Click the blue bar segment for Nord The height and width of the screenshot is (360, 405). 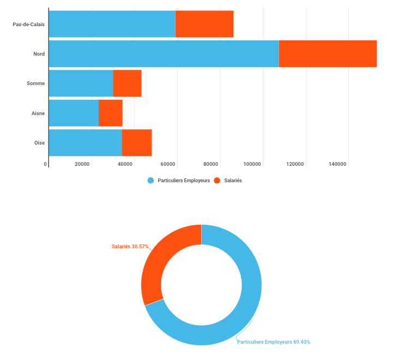point(164,53)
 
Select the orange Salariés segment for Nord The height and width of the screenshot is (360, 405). point(328,53)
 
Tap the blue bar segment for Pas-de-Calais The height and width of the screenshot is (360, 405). point(112,24)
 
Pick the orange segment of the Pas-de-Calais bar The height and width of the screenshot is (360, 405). point(204,24)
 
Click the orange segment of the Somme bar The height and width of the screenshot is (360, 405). point(128,83)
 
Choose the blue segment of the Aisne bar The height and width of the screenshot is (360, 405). point(74,113)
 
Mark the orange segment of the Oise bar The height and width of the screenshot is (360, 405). point(137,143)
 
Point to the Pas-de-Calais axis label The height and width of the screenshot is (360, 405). point(29,24)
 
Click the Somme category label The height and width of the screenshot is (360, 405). point(35,83)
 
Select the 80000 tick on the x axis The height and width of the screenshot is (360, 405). point(210,164)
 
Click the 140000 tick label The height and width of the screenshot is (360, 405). point(338,164)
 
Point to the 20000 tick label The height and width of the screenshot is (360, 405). point(82,164)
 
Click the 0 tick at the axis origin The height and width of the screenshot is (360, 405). point(45,164)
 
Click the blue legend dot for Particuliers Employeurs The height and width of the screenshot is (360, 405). point(151,181)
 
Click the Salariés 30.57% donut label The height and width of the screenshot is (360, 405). point(130,247)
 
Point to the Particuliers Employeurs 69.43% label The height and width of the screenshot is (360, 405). point(274,342)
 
